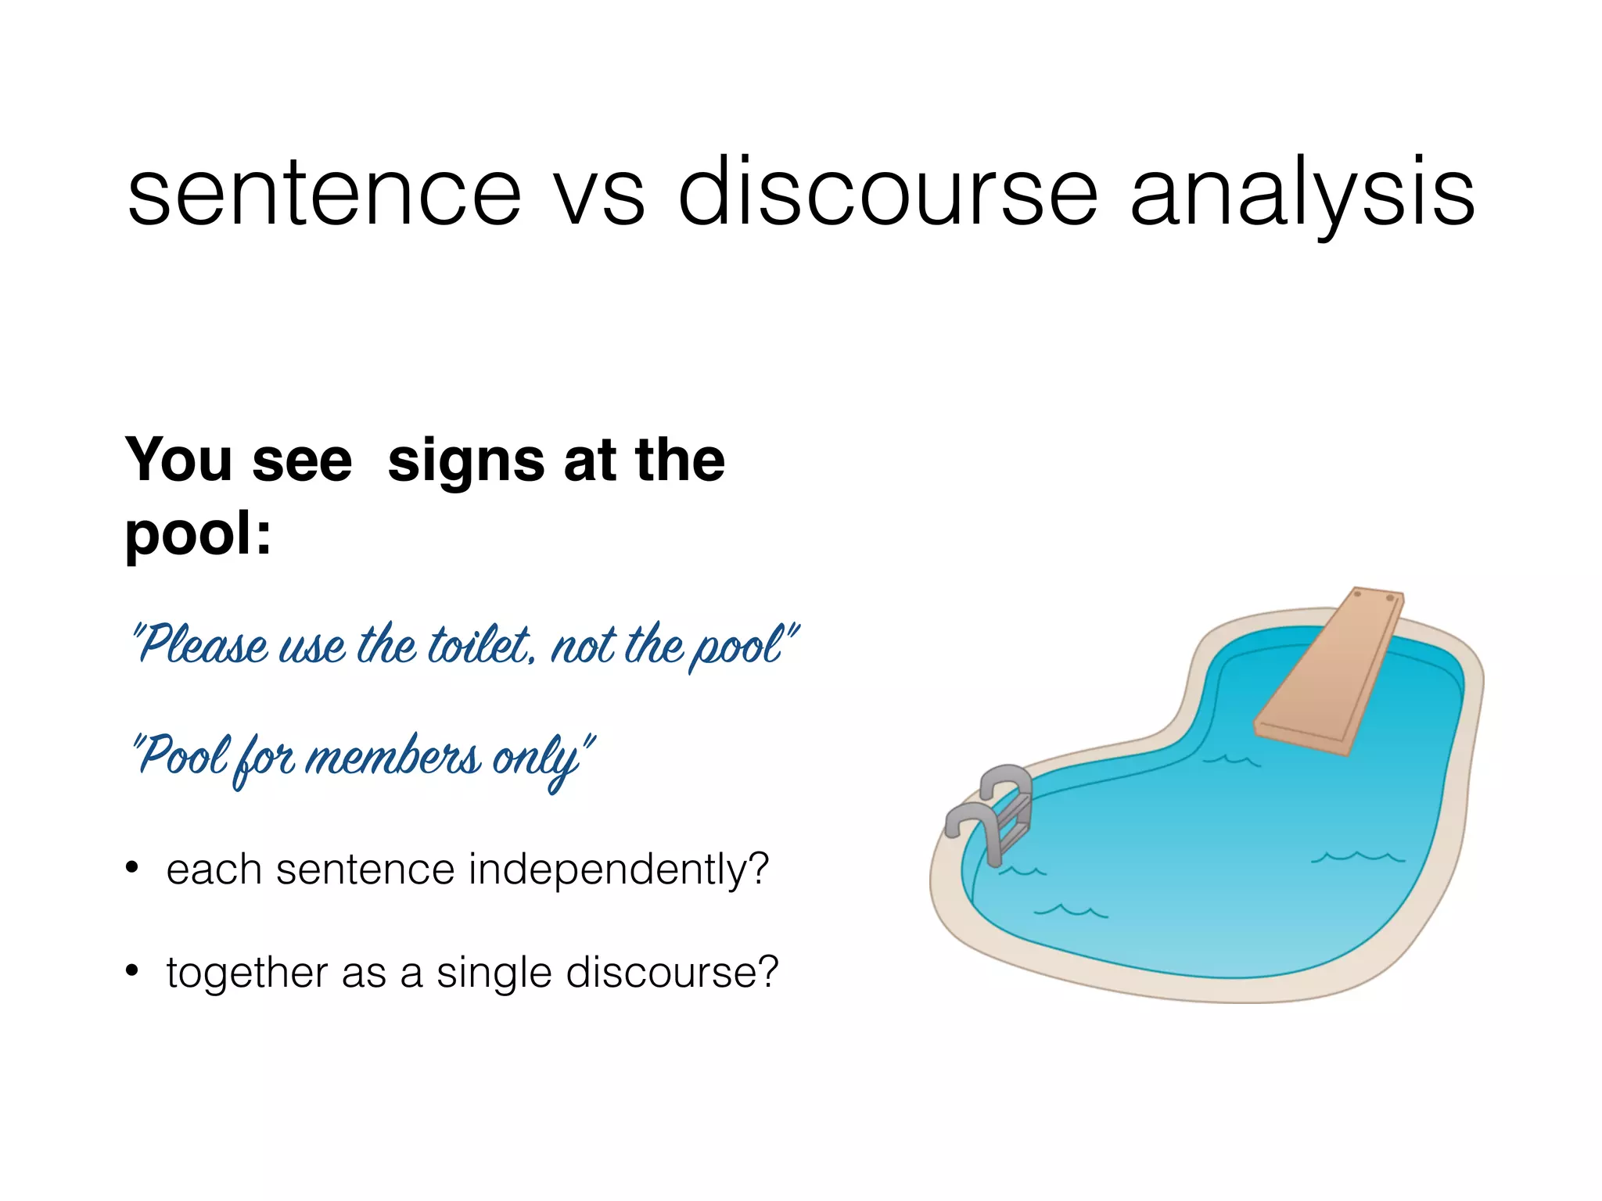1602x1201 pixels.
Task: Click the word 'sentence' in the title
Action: pyautogui.click(x=324, y=194)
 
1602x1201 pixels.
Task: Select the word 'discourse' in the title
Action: pyautogui.click(x=888, y=194)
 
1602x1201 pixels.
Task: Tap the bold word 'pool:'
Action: pyautogui.click(x=198, y=533)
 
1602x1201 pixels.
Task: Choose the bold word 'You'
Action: pyautogui.click(x=179, y=460)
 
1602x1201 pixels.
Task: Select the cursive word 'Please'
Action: pyautogui.click(x=203, y=646)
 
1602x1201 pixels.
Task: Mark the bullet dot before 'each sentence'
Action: pyautogui.click(x=132, y=868)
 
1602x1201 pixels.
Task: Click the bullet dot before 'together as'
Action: pyautogui.click(x=132, y=971)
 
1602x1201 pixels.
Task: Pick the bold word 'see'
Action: pyautogui.click(x=302, y=461)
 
